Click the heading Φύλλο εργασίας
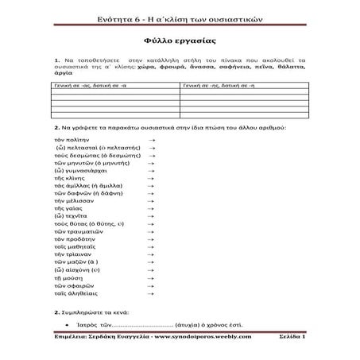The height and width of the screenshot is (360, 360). point(179,37)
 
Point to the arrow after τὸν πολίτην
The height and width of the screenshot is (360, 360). point(151,139)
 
